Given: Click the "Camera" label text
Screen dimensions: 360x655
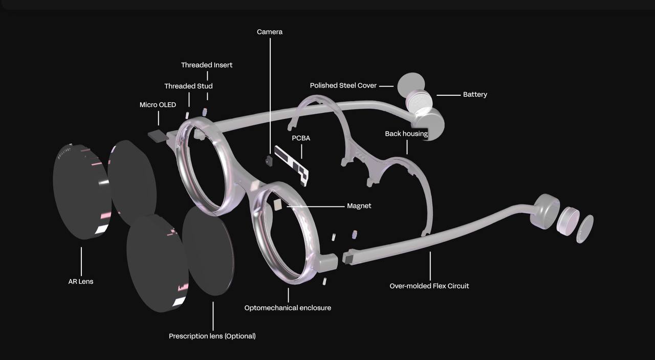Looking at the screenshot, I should (x=270, y=32).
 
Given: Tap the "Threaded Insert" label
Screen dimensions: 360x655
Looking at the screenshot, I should (x=207, y=65).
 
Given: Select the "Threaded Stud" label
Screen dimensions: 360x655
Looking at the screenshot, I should (x=188, y=86).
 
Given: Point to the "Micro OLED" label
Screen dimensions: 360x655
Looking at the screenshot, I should (x=158, y=105).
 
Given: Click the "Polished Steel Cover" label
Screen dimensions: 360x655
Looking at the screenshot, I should (x=343, y=86).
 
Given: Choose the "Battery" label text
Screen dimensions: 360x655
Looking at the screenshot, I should (x=475, y=94).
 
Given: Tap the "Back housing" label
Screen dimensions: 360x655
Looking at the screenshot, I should (x=406, y=134).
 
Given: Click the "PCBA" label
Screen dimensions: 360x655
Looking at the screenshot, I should (x=301, y=138).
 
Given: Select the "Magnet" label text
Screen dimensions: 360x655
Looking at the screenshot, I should (x=359, y=206).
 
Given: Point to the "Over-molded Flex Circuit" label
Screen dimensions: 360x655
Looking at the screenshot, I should (x=429, y=286).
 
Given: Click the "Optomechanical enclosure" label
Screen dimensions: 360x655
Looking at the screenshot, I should (x=288, y=308).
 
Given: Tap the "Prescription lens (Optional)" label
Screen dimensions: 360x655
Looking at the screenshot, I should (x=212, y=336).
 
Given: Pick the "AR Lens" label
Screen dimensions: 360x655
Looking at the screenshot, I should (x=81, y=281).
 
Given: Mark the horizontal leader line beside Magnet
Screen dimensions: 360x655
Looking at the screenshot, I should (x=317, y=206).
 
